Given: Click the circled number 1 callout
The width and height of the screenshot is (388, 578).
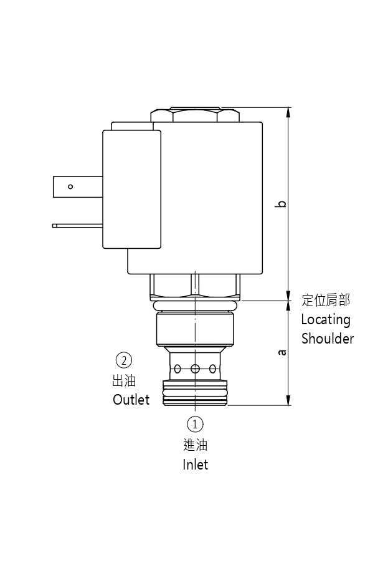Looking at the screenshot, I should pos(195,425).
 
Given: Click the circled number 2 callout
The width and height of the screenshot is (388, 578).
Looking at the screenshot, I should pos(124,360).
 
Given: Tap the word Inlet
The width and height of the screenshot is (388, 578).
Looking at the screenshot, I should pos(195,465).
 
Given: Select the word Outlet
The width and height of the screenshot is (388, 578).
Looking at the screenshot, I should pos(131,400).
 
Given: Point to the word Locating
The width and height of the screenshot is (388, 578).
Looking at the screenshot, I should pos(326,320).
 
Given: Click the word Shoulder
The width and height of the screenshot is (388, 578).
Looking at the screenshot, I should pos(328,339).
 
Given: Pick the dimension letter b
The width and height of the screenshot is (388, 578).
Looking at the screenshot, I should pos(282,203).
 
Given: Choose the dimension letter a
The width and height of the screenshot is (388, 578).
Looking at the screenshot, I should pos(282,353).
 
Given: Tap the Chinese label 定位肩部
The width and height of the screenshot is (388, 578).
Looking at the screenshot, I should pos(326,301).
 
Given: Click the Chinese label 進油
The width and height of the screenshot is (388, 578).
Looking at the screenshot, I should pos(195,445).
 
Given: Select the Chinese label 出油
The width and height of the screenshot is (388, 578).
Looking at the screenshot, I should pos(124,380).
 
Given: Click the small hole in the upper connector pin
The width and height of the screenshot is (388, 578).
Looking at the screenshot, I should pos(70,186).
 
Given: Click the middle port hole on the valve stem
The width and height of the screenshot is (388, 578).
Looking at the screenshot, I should pos(195,368).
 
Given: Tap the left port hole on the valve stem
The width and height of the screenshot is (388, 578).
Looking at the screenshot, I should pos(177,368).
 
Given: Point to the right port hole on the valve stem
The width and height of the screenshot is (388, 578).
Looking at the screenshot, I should pos(212,368).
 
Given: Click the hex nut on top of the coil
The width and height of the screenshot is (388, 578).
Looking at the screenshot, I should pos(195,115).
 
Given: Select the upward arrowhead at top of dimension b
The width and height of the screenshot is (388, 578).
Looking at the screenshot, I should pos(288,111).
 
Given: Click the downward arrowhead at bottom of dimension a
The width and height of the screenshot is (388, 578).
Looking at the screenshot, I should pos(288,402).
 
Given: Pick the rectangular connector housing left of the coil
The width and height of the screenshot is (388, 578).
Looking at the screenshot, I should pos(132,189).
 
